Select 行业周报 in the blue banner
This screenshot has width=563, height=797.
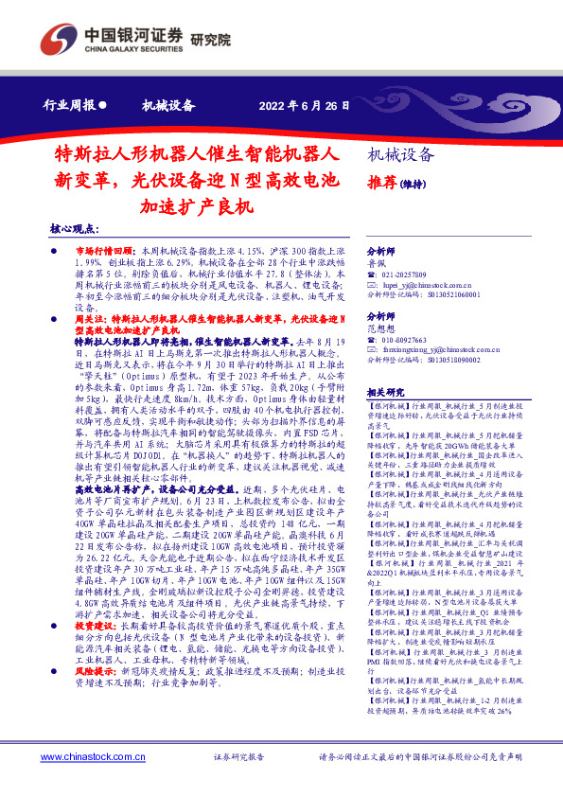coord(70,106)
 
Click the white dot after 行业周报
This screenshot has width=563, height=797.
coord(102,106)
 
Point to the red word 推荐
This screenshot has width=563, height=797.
coord(380,182)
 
